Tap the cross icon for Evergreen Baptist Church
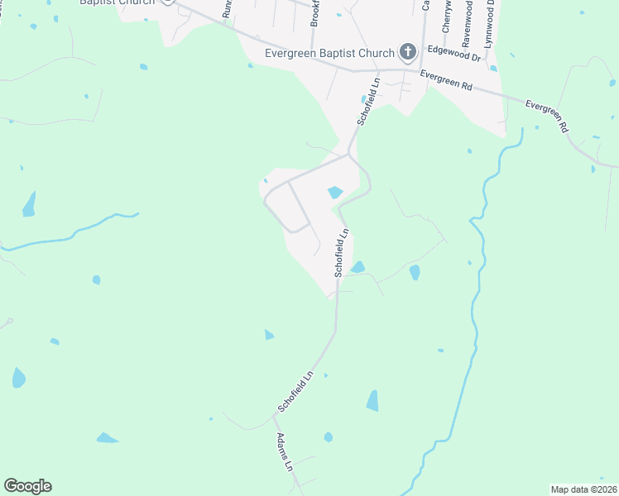[x=406, y=54]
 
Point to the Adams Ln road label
[x=286, y=452]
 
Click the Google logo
[x=27, y=486]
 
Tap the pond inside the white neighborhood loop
[x=335, y=193]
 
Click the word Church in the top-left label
[x=137, y=2]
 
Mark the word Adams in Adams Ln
[x=283, y=446]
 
